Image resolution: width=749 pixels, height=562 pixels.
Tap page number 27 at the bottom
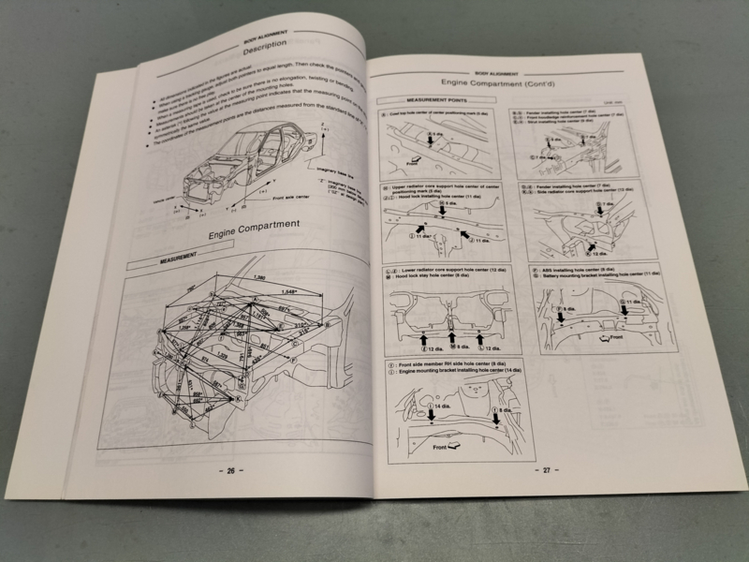pos(541,470)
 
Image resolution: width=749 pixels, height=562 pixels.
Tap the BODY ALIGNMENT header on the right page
pos(497,69)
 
